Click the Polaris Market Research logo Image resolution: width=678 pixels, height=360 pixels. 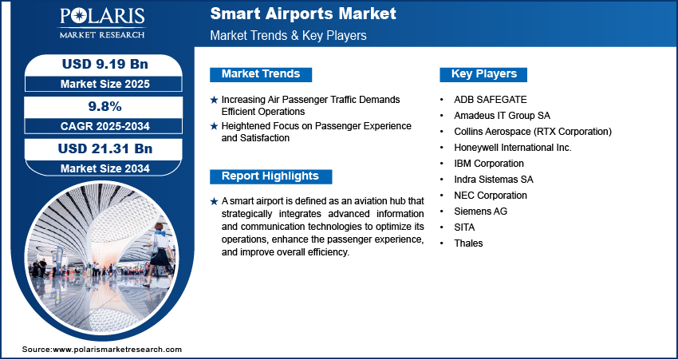click(102, 22)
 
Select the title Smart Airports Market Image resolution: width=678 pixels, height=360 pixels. click(303, 14)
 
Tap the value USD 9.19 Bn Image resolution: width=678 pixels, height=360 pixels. click(105, 64)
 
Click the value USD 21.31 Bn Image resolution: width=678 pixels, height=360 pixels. click(105, 148)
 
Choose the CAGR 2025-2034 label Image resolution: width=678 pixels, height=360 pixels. click(105, 126)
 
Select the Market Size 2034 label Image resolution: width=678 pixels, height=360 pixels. click(105, 168)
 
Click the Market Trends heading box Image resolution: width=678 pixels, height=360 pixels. click(261, 74)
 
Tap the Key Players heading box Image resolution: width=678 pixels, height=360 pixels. click(483, 74)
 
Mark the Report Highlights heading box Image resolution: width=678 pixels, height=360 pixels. click(270, 176)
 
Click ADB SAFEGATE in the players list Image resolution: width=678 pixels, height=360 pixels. click(491, 100)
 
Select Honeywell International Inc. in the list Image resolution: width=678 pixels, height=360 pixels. click(513, 148)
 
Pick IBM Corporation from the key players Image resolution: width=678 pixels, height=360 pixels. click(489, 164)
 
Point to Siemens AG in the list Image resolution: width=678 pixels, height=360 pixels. click(480, 212)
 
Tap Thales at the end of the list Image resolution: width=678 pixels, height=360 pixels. click(468, 243)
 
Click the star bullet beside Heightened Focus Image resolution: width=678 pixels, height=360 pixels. click(214, 126)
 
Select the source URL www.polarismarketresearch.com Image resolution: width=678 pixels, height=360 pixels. click(117, 349)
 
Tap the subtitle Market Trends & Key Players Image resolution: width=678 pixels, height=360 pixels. click(289, 35)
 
